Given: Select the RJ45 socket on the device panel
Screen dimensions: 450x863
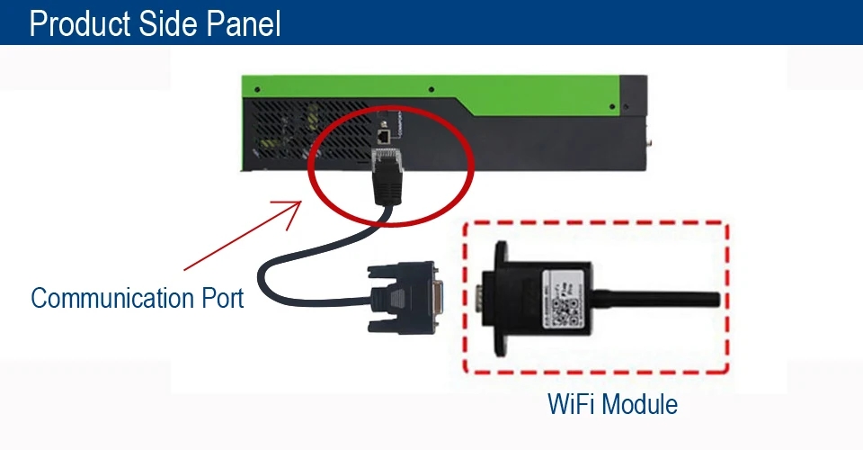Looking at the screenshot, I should [384, 136].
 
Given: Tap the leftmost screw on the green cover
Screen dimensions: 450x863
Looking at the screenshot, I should [257, 89].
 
